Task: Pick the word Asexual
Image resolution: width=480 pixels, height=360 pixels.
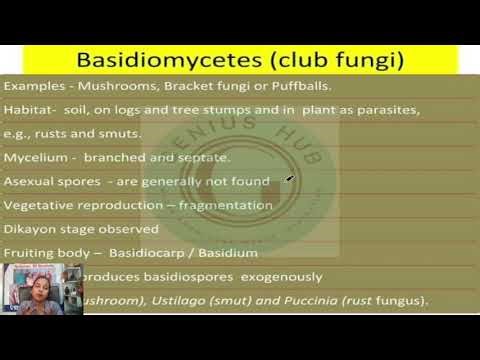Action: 30,181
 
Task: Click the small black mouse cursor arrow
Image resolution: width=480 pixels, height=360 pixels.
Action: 289,180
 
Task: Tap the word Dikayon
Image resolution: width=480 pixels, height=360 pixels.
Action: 31,229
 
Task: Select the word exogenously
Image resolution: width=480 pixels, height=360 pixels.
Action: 286,277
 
